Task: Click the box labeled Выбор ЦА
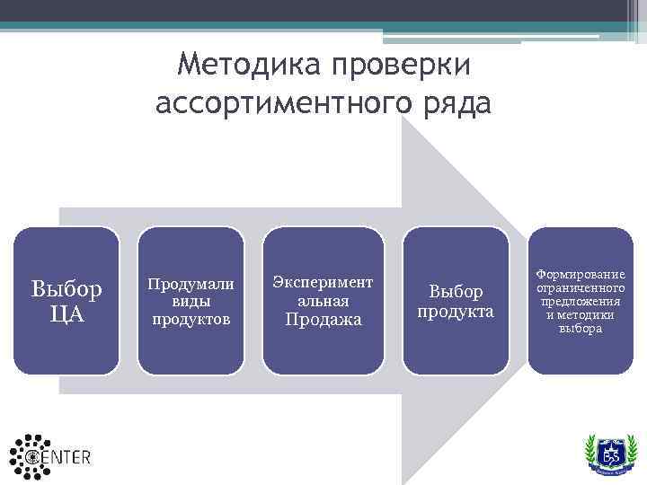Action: [66, 300]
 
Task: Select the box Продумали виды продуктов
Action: [191, 300]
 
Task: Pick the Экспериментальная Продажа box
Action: [323, 300]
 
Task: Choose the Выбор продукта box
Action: [455, 300]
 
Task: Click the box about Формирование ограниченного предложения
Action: [581, 300]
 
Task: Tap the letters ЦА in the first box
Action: [66, 314]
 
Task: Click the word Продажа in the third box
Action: [323, 319]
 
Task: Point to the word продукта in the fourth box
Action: [455, 312]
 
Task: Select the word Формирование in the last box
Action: [581, 273]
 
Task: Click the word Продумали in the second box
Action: [191, 284]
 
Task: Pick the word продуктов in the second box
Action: [191, 319]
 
